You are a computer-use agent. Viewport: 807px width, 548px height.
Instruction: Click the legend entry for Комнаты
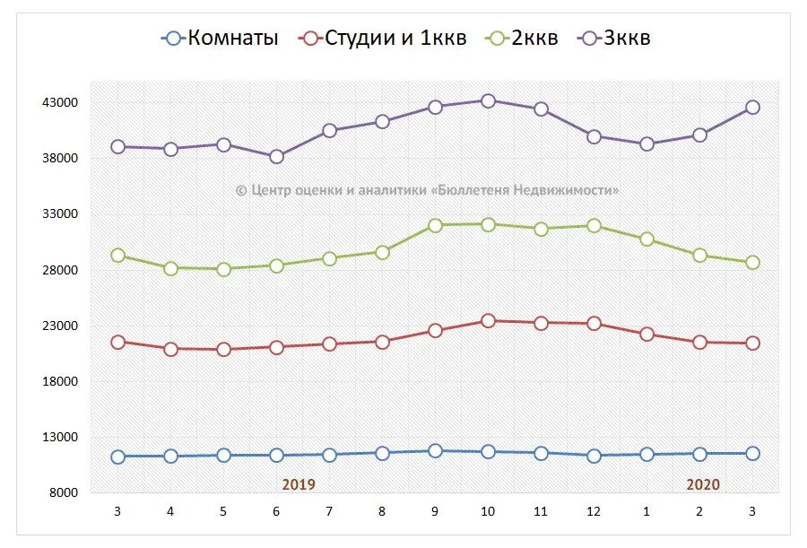(x=220, y=39)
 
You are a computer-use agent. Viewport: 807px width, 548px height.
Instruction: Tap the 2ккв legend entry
(x=523, y=39)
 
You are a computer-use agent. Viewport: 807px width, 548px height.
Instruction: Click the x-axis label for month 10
(x=488, y=511)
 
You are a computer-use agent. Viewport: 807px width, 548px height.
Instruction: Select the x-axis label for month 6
(x=276, y=511)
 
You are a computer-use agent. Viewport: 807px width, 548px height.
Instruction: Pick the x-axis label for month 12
(x=594, y=511)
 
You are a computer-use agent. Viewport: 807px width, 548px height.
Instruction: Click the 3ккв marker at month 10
(x=488, y=100)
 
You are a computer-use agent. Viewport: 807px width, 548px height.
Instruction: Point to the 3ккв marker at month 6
(x=276, y=156)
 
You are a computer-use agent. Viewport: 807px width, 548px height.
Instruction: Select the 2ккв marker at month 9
(x=435, y=225)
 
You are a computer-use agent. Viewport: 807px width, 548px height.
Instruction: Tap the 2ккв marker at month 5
(x=223, y=269)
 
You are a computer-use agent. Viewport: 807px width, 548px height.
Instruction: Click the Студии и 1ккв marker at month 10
(x=488, y=320)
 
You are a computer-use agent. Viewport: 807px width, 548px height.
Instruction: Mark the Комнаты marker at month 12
(x=594, y=456)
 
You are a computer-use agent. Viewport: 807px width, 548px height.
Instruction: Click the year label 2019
(x=299, y=484)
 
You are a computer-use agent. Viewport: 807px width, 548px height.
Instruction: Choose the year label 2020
(x=703, y=484)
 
